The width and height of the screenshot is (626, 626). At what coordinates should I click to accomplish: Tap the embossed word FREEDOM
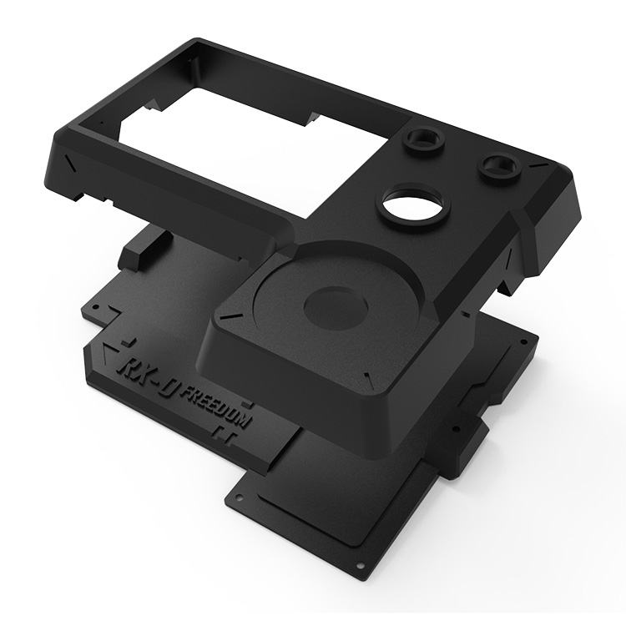tap(215, 407)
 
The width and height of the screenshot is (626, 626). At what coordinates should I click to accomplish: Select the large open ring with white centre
tap(411, 203)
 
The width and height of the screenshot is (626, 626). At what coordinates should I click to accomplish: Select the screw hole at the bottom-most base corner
tap(361, 564)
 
